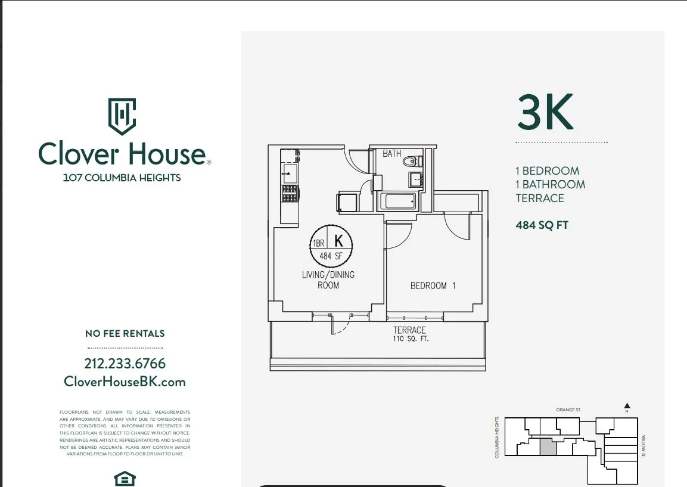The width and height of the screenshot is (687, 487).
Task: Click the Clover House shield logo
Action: [x=122, y=116]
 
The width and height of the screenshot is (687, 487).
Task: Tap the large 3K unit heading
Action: [x=545, y=113]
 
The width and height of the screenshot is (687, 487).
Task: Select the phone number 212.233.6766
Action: [x=125, y=364]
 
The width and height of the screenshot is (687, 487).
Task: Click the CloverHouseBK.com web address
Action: [x=125, y=382]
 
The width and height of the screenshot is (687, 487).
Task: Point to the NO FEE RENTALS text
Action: [x=125, y=334]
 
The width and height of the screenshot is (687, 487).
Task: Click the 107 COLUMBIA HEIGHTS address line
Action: [x=122, y=178]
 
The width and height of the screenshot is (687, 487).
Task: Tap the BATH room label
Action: [x=392, y=154]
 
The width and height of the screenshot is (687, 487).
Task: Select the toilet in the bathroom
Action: [x=412, y=161]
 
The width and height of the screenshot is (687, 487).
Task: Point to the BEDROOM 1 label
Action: [x=433, y=286]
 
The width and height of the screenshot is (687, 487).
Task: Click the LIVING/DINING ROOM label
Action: [x=328, y=280]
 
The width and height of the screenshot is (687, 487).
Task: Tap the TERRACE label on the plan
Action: [x=409, y=330]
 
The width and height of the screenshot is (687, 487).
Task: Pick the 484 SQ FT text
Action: [x=542, y=225]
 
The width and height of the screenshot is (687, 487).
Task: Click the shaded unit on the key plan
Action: [x=548, y=447]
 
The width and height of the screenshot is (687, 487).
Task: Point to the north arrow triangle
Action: [x=627, y=406]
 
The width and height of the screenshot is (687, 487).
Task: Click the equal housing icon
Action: [x=125, y=479]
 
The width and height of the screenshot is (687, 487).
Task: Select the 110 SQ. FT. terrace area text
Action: [x=409, y=339]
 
